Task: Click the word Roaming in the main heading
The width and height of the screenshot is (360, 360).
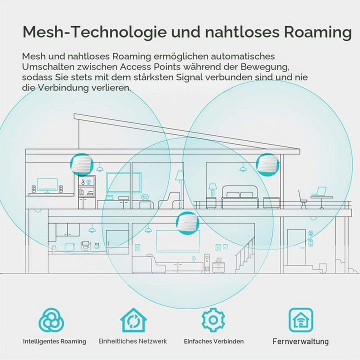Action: click(318, 32)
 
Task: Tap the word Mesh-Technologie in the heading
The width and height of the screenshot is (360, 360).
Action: click(94, 32)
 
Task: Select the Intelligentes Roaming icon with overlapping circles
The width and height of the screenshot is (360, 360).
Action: click(51, 320)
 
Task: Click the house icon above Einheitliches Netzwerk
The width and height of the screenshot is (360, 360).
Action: click(133, 320)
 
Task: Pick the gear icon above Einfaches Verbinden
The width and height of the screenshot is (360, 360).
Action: click(213, 320)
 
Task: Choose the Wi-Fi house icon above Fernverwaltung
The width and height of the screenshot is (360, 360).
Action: click(301, 320)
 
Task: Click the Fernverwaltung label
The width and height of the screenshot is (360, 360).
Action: click(300, 341)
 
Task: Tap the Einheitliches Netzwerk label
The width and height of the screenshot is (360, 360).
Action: click(132, 341)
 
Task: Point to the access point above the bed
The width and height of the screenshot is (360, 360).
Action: click(267, 164)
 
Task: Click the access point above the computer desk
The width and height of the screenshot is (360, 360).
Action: click(81, 164)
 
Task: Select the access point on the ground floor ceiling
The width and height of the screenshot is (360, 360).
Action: click(187, 223)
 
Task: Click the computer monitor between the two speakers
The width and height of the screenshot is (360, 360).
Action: click(47, 185)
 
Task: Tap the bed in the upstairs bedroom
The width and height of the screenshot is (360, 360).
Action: click(240, 197)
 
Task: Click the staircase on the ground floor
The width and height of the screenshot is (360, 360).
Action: click(245, 255)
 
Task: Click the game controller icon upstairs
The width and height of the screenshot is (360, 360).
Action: click(145, 197)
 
